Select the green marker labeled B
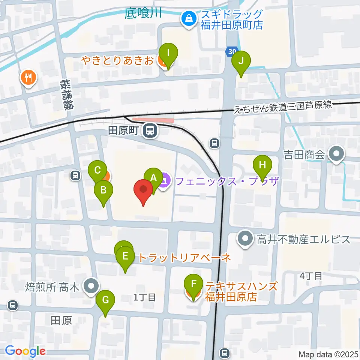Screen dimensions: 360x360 (103, 191)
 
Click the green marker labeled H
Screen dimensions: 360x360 (262, 165)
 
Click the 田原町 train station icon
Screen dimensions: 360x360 (151, 131)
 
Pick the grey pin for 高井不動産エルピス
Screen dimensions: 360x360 (246, 239)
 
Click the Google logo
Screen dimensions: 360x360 (25, 351)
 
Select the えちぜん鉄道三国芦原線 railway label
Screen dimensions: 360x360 (283, 106)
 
